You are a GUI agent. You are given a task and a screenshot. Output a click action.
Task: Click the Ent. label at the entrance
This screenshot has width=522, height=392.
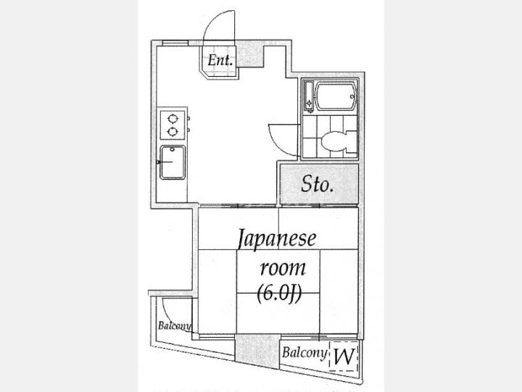click(220, 61)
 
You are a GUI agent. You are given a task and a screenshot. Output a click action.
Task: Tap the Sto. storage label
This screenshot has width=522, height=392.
click(318, 185)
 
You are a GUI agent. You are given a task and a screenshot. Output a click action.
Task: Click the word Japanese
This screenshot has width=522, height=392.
click(277, 239)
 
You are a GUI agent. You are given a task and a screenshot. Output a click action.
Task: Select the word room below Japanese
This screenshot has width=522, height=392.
click(283, 267)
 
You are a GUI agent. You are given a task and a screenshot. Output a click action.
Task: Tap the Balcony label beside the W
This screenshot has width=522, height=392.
click(303, 354)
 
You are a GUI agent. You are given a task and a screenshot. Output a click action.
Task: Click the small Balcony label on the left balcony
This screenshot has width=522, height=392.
click(174, 325)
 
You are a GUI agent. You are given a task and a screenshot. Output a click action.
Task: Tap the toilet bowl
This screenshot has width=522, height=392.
click(336, 142)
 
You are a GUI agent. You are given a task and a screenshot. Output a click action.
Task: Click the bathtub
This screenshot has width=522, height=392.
click(333, 96)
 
